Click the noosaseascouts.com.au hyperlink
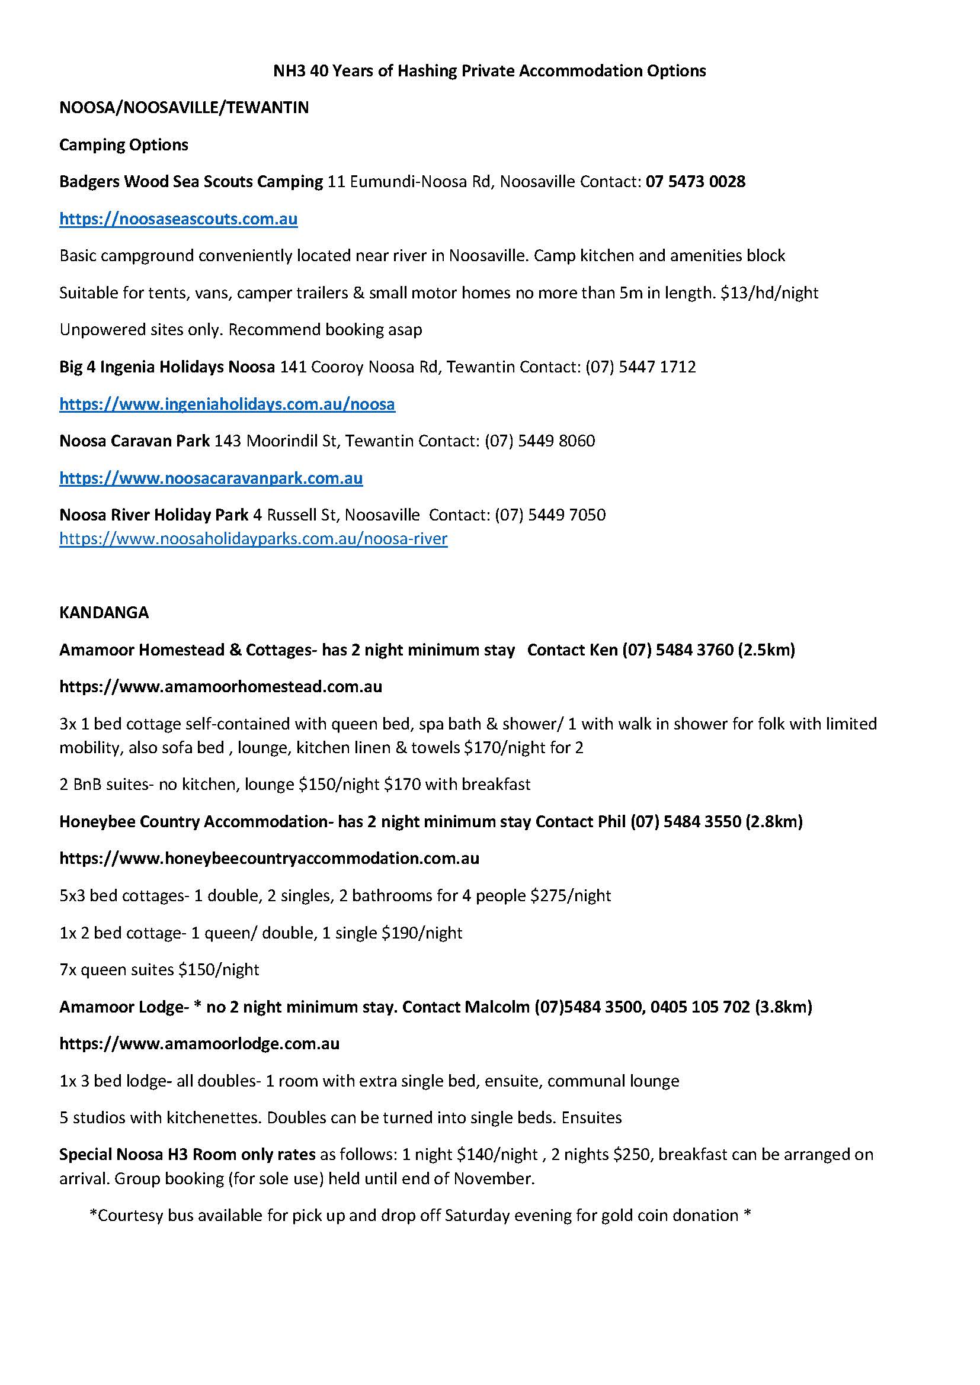[178, 218]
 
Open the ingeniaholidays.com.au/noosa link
[227, 404]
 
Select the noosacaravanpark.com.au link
[210, 478]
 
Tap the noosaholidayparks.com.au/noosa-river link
[253, 538]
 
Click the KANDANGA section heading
[104, 612]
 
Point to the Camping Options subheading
[124, 144]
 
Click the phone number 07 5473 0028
[695, 182]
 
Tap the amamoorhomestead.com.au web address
[220, 686]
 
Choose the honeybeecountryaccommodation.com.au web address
[269, 859]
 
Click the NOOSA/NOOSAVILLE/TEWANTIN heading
[184, 107]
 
